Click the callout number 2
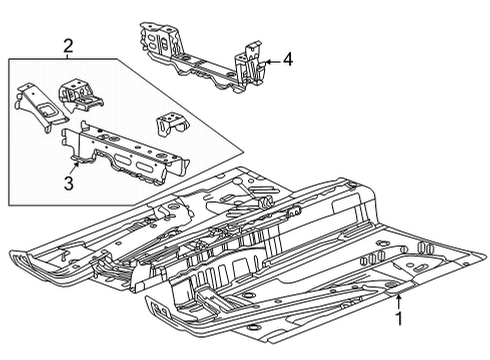coord(67,45)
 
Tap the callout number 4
coord(288,60)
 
